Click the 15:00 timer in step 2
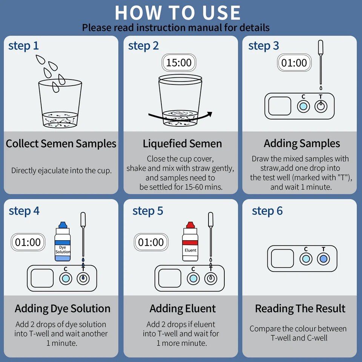(179, 63)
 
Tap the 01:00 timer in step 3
(294, 63)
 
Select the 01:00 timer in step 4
(28, 242)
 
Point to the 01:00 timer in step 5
(151, 242)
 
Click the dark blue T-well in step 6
(323, 259)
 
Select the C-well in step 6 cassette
(306, 259)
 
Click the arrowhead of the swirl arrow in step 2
(209, 114)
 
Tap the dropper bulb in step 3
(321, 48)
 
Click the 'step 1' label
(23, 46)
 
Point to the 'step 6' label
(267, 211)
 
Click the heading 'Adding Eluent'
(183, 308)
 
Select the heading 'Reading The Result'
(300, 308)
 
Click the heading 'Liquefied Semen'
(183, 143)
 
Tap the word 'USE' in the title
(221, 12)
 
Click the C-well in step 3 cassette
(303, 106)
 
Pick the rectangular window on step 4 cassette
(42, 278)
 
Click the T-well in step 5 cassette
(210, 278)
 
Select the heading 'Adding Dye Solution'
(63, 308)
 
